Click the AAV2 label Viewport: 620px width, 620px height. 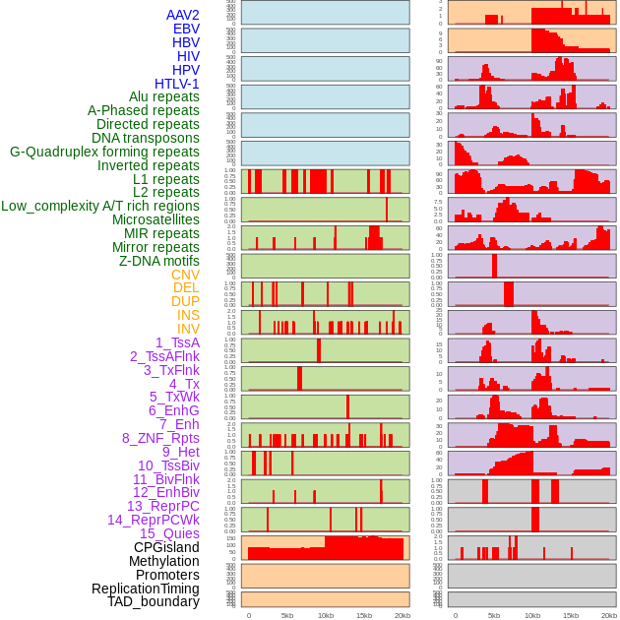pos(182,15)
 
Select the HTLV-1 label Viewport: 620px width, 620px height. pos(176,84)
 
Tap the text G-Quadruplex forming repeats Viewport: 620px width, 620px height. pos(104,152)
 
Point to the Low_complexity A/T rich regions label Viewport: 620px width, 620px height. pos(100,206)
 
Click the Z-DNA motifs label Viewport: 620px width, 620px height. pos(159,261)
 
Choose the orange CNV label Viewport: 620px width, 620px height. pos(185,275)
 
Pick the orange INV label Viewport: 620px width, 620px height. pos(188,329)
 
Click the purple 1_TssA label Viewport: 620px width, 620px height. pos(177,342)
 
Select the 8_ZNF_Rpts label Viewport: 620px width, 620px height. pos(160,438)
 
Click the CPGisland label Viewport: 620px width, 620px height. pos(166,547)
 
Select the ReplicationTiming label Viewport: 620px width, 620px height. pos(145,589)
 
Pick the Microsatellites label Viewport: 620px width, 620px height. pos(155,219)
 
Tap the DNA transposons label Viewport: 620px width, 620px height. pos(146,138)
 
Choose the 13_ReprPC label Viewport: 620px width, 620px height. pos(162,506)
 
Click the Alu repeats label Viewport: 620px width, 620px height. pos(164,96)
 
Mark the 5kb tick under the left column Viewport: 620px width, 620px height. pos(287,615)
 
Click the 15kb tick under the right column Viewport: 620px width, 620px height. pos(571,615)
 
